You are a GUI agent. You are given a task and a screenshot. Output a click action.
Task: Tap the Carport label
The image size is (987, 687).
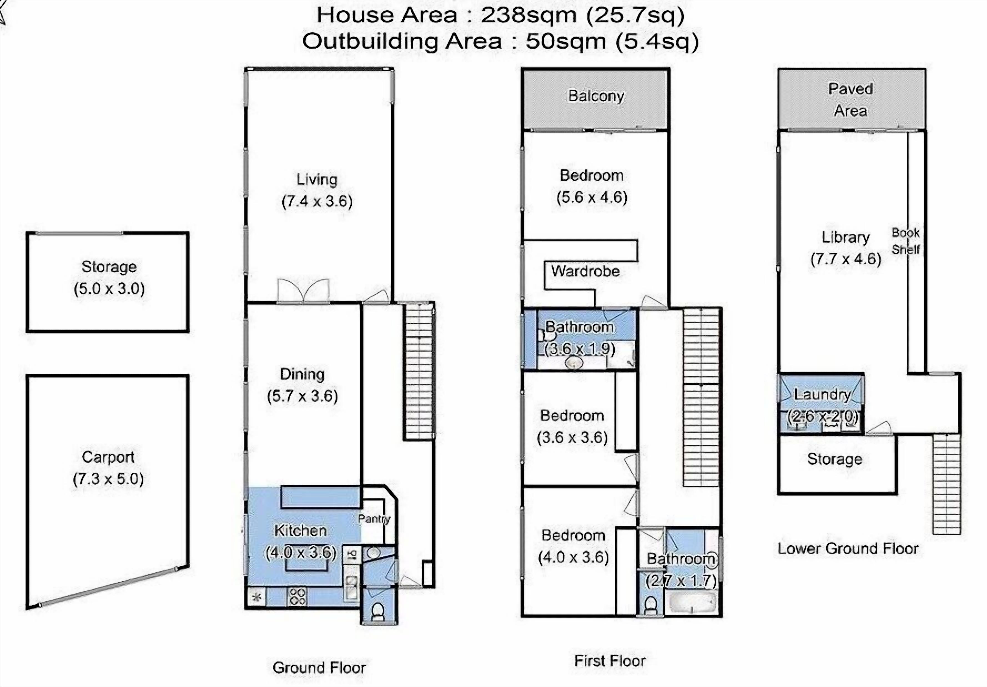click(108, 457)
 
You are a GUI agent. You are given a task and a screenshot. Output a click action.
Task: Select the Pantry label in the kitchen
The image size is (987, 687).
click(374, 519)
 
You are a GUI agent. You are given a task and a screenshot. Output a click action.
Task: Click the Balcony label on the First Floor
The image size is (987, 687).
click(596, 96)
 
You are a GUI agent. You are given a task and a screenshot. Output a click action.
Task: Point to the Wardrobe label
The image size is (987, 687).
click(585, 271)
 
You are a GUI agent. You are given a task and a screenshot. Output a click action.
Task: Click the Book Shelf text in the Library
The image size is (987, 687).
click(905, 241)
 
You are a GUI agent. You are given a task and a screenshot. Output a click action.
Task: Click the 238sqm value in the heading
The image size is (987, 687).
click(528, 16)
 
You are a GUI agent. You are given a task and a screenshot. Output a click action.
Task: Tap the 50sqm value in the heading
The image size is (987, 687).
click(566, 42)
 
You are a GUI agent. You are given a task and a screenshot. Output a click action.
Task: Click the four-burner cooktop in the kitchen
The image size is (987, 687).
click(298, 596)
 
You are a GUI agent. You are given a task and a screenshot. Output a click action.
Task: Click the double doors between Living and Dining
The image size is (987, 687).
click(303, 291)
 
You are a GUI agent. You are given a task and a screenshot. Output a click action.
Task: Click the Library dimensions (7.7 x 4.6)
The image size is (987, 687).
click(845, 259)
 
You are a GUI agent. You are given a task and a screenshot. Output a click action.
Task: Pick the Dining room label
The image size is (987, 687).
click(302, 374)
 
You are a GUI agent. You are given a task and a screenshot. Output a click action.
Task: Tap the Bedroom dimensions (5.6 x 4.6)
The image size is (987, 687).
click(592, 198)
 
